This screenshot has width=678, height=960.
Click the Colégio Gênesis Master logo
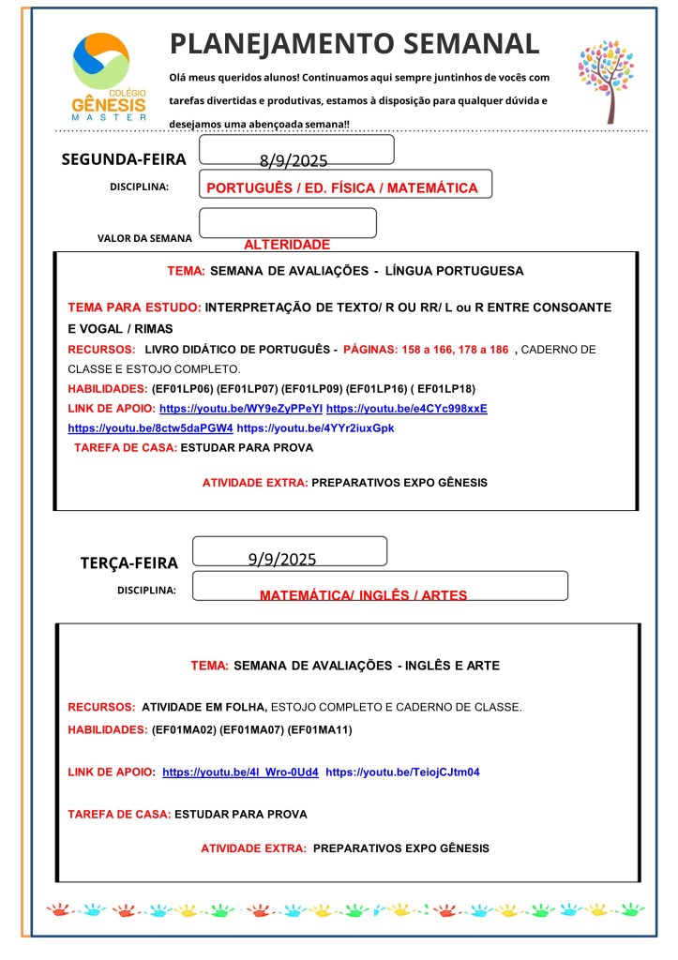click(x=109, y=77)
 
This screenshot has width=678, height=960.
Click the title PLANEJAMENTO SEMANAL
click(x=354, y=43)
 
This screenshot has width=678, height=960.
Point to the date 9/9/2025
click(x=282, y=560)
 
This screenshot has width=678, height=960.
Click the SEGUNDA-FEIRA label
click(x=124, y=159)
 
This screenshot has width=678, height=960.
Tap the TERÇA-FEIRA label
click(x=128, y=563)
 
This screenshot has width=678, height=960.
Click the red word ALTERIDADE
click(x=287, y=245)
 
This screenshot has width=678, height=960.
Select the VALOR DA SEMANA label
click(x=144, y=238)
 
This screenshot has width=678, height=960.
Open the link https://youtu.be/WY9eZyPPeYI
click(x=241, y=409)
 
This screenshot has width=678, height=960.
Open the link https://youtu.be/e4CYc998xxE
click(x=407, y=409)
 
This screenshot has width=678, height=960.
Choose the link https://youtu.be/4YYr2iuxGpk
click(x=315, y=427)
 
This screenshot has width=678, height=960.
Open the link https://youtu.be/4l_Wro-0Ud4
click(x=240, y=772)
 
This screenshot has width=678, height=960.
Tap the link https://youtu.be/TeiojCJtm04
click(x=402, y=772)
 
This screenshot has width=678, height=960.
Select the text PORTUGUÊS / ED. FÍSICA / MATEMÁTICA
click(x=341, y=188)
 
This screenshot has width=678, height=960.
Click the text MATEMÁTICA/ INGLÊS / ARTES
click(x=363, y=595)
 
